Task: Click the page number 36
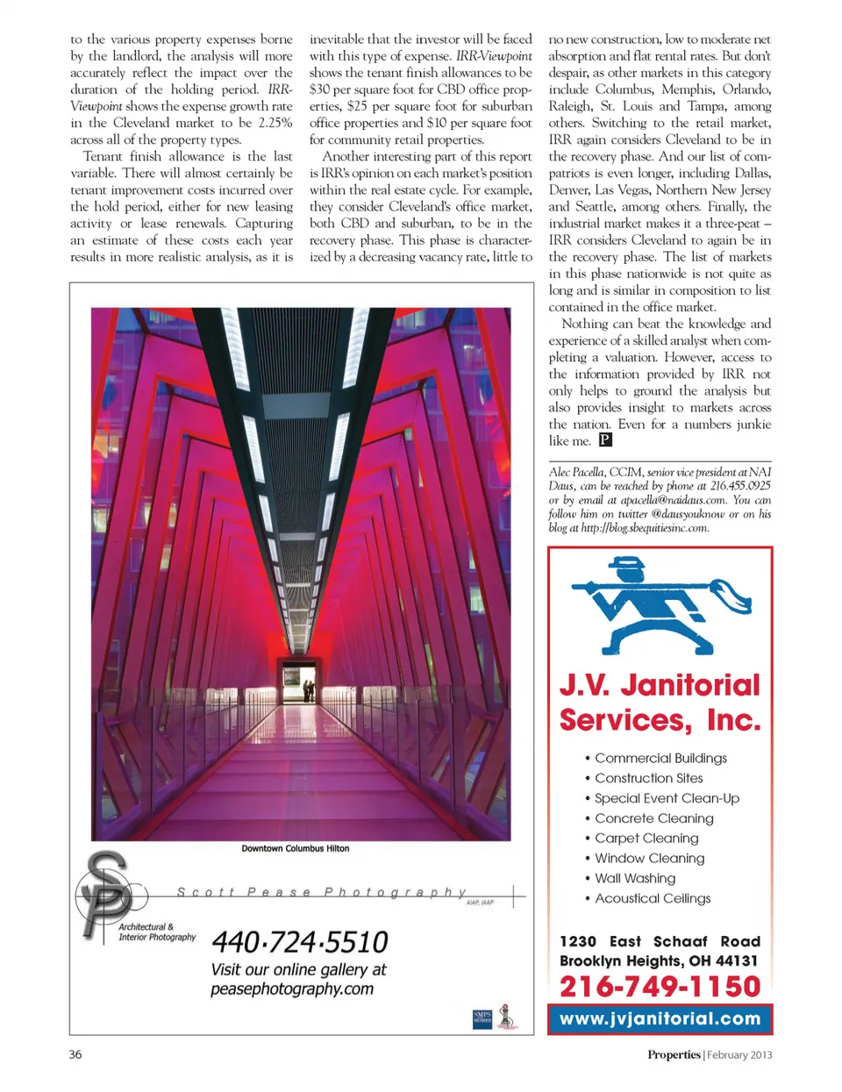tap(75, 1054)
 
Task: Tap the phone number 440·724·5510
tap(300, 942)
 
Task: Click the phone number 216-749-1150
tap(660, 987)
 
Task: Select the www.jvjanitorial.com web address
tap(660, 1019)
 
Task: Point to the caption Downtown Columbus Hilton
tap(296, 848)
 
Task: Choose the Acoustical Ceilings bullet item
tap(653, 898)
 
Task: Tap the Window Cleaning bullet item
tap(649, 859)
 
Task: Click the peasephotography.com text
tap(292, 989)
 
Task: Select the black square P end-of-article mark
tap(605, 440)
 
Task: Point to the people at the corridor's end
tap(308, 690)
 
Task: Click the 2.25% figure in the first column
tap(275, 123)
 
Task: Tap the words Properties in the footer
tap(674, 1054)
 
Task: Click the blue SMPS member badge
tap(482, 1018)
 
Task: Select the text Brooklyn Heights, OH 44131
tap(659, 960)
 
